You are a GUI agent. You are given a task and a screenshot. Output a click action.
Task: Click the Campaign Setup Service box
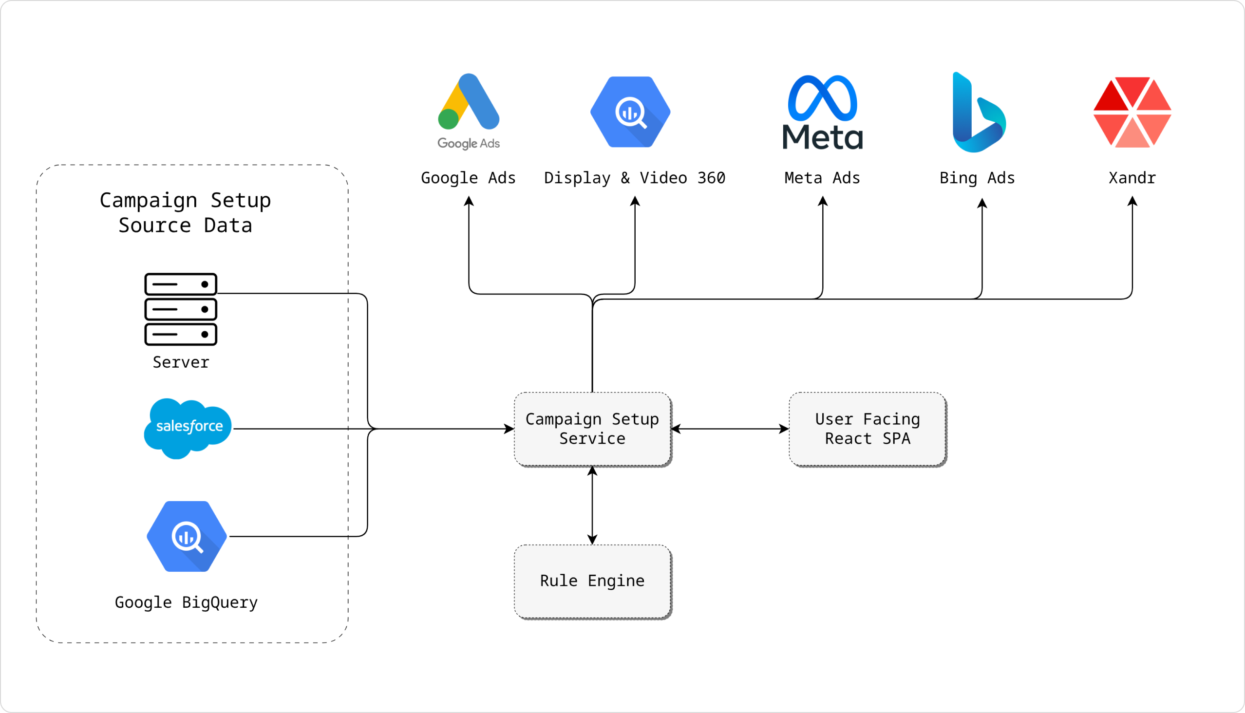tap(592, 429)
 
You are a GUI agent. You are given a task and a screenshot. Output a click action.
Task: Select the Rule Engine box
tap(592, 581)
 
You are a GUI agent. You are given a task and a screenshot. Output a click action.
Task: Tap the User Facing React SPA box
tap(867, 429)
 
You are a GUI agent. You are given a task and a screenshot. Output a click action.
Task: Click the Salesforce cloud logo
tap(188, 428)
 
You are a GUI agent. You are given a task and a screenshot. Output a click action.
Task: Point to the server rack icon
tap(181, 309)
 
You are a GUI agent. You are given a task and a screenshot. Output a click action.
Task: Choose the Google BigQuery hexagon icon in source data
tap(187, 536)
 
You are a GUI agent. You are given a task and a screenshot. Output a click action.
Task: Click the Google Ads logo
tap(469, 111)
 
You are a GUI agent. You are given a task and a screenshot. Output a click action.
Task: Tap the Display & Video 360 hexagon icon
tap(630, 112)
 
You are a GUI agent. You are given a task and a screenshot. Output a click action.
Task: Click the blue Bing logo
tap(978, 113)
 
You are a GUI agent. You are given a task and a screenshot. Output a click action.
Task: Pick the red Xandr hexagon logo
tap(1132, 112)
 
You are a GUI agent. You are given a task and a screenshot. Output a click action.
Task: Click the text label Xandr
tap(1132, 178)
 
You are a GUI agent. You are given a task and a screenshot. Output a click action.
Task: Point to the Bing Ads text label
tap(977, 178)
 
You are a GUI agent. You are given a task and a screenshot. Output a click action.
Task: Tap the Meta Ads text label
tap(822, 178)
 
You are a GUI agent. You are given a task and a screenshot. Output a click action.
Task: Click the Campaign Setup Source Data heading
tap(185, 212)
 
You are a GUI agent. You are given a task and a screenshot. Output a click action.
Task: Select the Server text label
tap(181, 362)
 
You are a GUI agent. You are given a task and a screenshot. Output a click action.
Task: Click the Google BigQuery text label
tap(186, 602)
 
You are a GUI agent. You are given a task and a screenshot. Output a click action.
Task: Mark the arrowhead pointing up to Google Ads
tap(469, 201)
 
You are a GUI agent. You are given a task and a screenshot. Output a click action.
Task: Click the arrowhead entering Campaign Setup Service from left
tap(509, 429)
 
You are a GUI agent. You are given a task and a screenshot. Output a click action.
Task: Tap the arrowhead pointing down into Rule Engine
tap(592, 540)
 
